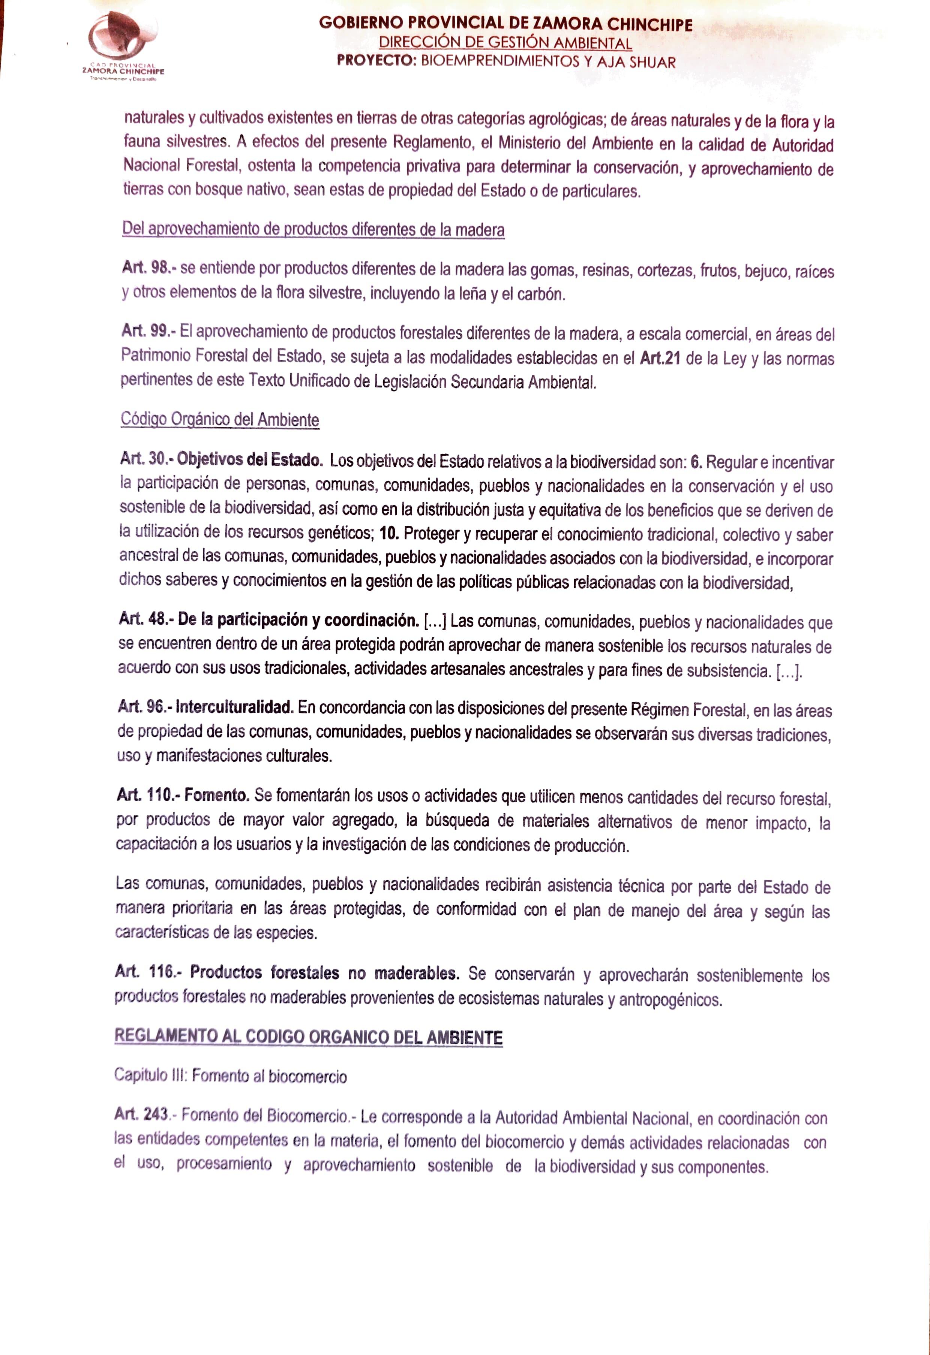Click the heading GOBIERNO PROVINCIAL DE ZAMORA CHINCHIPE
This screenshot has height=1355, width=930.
505,24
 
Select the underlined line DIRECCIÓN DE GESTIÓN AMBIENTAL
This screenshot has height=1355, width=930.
505,43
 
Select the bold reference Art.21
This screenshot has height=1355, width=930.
660,357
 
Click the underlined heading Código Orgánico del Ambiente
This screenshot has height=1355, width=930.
220,419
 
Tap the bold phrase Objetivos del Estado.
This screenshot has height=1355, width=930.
250,459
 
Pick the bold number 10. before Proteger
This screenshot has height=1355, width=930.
388,533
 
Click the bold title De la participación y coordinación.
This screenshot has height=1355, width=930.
298,620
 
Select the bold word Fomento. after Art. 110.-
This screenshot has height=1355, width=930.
217,795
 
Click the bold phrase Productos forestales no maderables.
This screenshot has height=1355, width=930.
324,972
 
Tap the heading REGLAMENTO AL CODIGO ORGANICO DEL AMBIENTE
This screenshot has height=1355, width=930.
308,1036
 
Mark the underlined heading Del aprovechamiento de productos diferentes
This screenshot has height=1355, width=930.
313,229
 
